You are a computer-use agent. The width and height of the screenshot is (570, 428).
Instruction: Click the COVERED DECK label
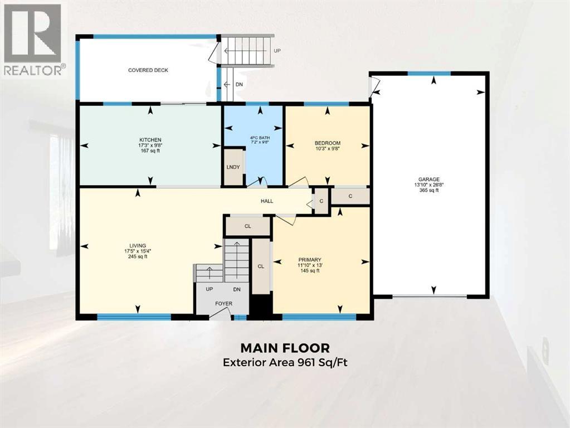[148, 70]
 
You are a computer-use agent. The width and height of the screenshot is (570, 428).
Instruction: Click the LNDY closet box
[233, 167]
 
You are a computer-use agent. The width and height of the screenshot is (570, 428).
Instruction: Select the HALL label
[266, 201]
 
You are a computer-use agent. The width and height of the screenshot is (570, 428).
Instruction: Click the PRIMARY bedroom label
[310, 259]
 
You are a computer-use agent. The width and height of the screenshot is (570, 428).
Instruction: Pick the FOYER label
[224, 304]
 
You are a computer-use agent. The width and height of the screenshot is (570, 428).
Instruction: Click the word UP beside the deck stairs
[277, 51]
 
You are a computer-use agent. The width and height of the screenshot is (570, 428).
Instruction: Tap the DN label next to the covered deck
[239, 84]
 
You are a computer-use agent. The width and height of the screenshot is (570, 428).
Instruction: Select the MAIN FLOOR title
[285, 348]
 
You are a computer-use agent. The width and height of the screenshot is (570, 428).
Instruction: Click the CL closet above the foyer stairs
[248, 227]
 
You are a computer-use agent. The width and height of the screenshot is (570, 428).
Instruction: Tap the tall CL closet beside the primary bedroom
[260, 266]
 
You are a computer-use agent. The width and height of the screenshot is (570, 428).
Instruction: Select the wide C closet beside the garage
[350, 196]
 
